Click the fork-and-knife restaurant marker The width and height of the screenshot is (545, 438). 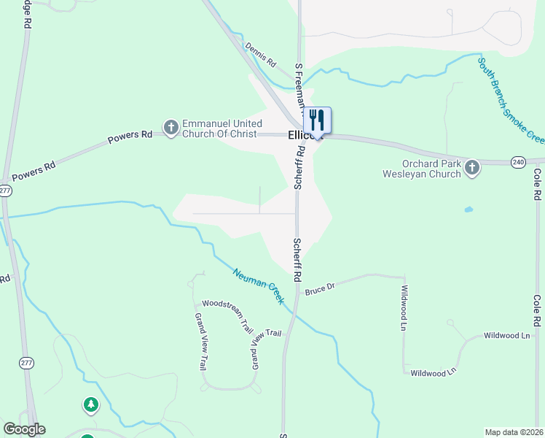317,120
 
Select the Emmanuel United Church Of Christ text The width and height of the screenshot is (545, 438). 219,129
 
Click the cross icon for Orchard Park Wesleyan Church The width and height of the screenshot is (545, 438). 472,169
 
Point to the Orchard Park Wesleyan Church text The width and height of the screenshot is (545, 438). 422,169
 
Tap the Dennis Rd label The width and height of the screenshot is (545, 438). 261,53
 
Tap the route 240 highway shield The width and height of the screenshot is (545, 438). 518,161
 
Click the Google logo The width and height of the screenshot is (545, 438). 24,429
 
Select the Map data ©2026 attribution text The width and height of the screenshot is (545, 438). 514,432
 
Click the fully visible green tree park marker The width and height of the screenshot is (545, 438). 90,404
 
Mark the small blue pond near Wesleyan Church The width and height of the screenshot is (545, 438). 468,210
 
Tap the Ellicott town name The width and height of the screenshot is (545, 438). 300,135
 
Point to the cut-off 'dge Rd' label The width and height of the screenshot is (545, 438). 27,15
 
